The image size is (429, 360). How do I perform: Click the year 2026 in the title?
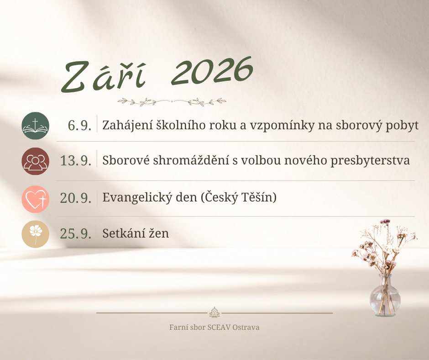coord(212,70)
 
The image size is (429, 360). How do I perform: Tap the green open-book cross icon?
coord(35,126)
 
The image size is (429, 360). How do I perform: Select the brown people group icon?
coord(35,161)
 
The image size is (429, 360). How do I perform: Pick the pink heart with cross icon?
coord(35,199)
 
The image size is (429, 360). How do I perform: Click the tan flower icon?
coord(35,234)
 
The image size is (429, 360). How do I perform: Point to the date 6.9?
coord(79,126)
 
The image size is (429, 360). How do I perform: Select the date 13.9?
coord(75,160)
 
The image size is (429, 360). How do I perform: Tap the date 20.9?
coord(75,198)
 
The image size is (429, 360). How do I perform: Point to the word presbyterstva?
coord(370,160)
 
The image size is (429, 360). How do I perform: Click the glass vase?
coord(385,295)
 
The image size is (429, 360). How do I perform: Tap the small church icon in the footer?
coord(214,312)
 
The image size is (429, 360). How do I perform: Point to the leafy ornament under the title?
coord(172,102)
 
